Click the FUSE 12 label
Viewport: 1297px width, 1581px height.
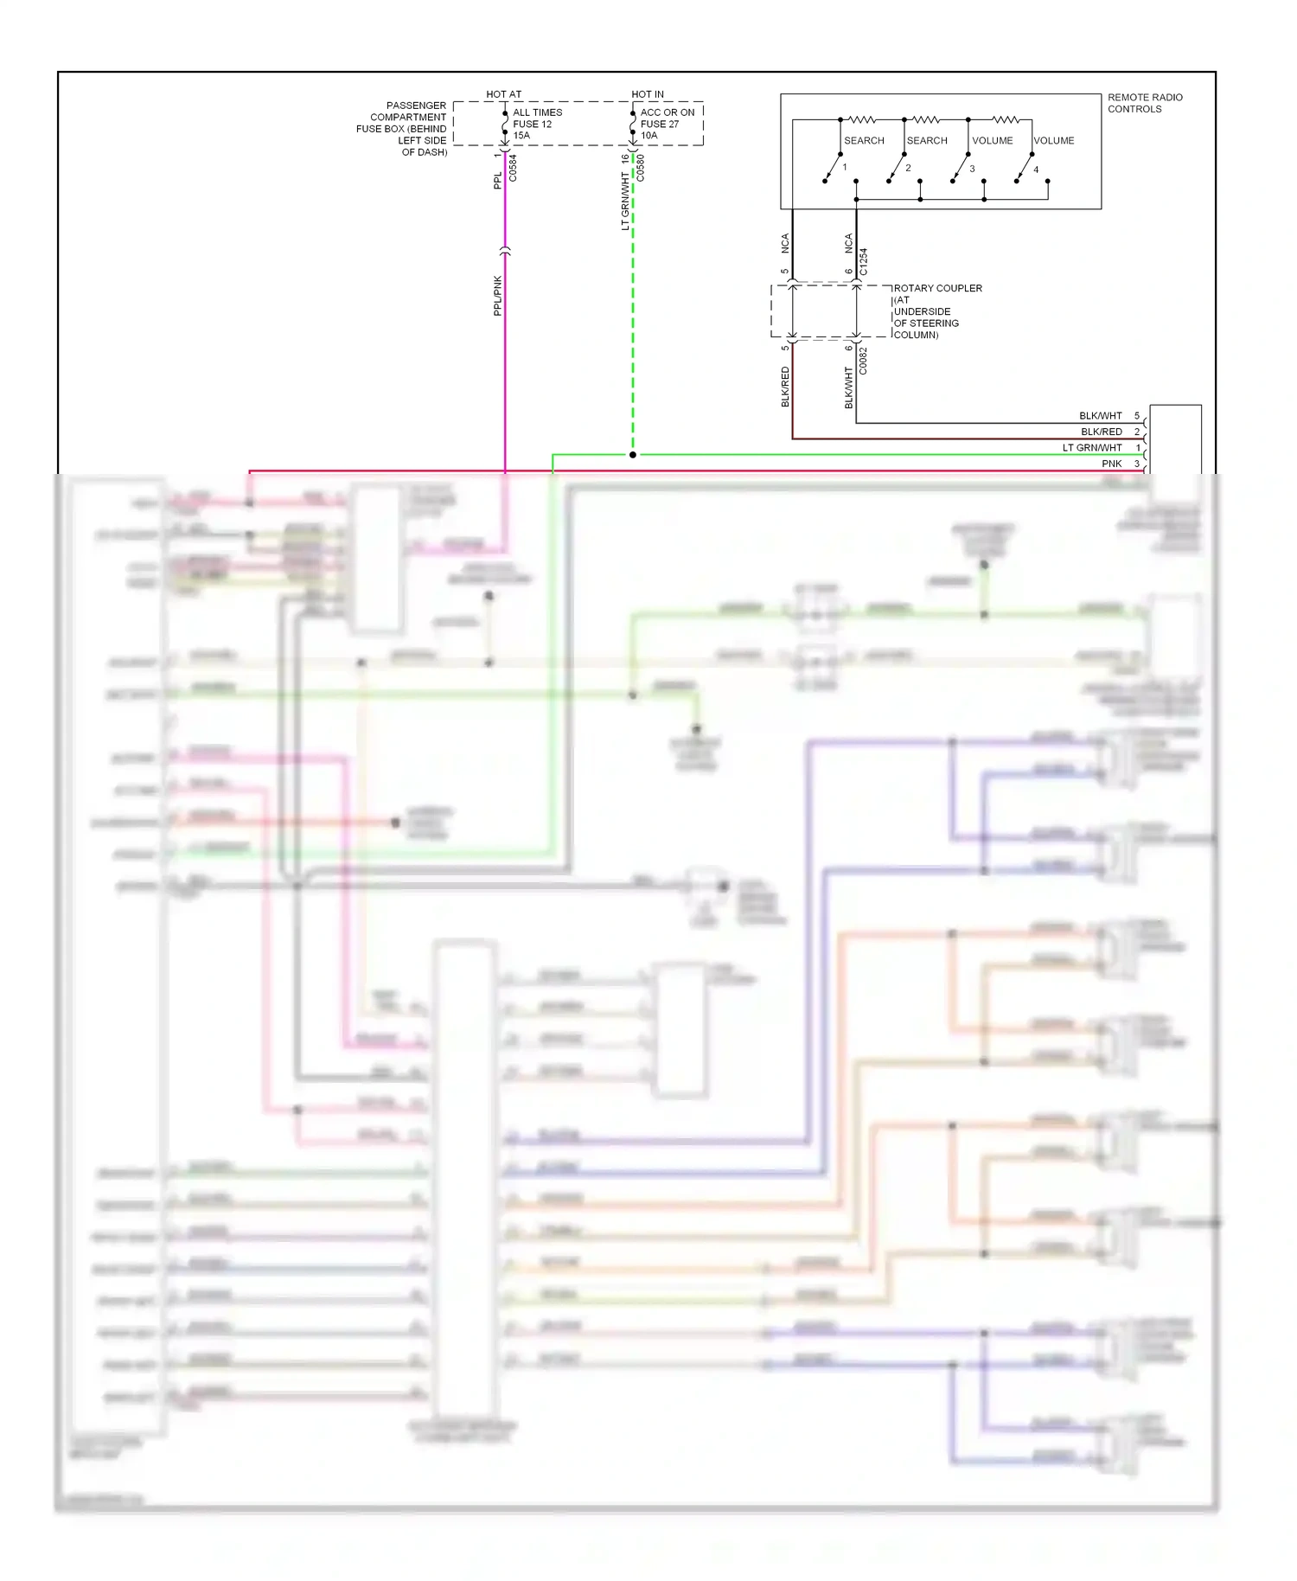coord(532,124)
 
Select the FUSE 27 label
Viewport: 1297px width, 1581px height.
coord(659,124)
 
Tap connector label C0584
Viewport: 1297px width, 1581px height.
coord(513,167)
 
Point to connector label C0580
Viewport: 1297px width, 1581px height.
coord(641,167)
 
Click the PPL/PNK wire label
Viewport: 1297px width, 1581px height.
coord(497,295)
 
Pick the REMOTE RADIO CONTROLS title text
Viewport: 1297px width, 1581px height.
coord(1144,103)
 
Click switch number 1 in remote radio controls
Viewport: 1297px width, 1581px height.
coord(845,167)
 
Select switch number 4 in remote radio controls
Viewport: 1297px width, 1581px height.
coord(1036,170)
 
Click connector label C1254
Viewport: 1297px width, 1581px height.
coord(863,261)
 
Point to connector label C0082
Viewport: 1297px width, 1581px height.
coord(863,360)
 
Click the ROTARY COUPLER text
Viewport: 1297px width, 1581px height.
coord(937,288)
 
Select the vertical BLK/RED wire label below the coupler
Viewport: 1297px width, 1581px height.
coord(785,387)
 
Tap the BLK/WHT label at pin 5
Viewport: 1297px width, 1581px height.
coord(1100,416)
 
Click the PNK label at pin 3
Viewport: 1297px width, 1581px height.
coord(1111,464)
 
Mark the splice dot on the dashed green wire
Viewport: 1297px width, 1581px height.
coord(633,454)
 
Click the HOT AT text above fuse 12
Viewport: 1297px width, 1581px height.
coord(503,94)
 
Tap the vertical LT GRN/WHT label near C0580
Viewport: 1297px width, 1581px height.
coord(625,201)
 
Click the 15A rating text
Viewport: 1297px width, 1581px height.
coord(521,136)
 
